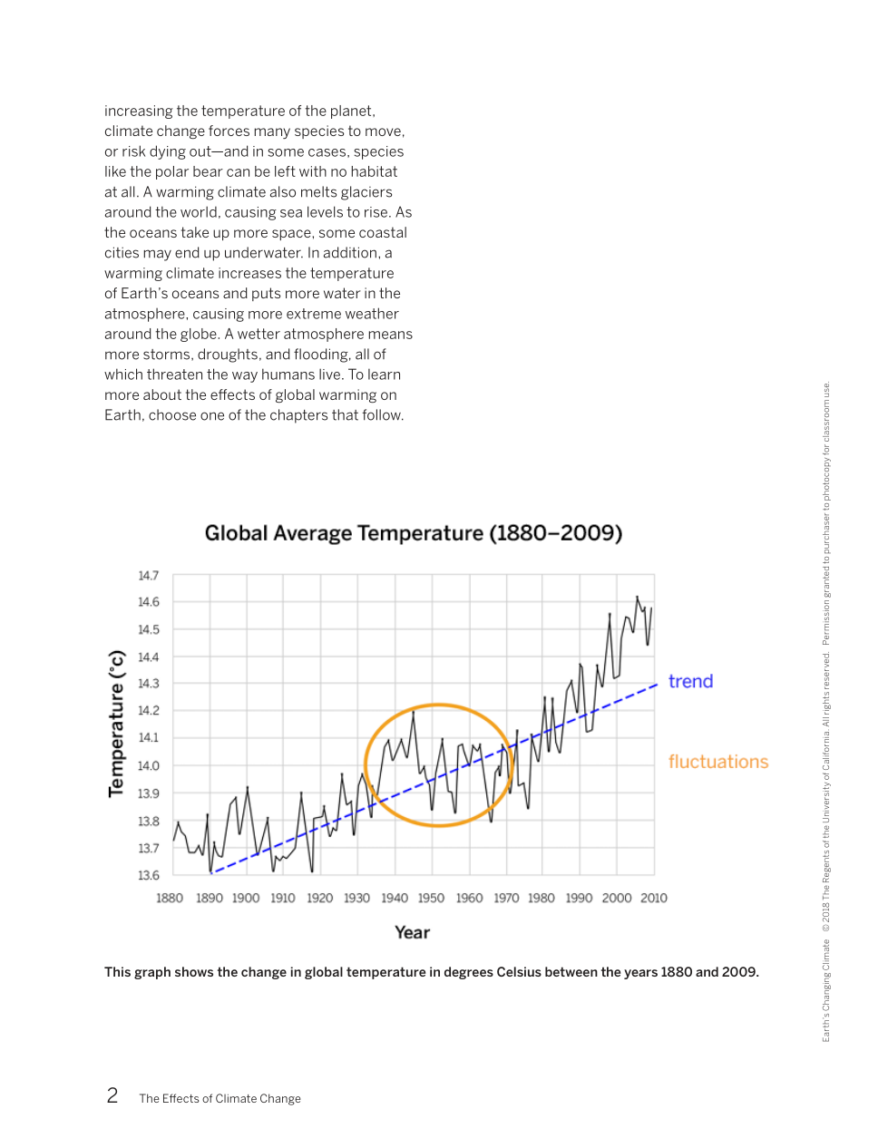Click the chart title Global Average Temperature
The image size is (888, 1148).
click(413, 533)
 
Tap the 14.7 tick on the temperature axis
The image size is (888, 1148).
click(149, 576)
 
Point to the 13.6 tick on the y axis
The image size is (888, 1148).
click(149, 875)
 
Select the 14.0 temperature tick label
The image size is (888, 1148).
click(149, 765)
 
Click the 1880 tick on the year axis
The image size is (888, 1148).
click(170, 898)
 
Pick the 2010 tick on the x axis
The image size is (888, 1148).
click(653, 898)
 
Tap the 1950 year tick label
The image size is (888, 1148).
click(431, 898)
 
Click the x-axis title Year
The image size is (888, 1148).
click(412, 932)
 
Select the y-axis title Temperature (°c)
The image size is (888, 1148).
click(116, 724)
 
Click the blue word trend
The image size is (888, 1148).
click(690, 681)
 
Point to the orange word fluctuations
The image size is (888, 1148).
click(717, 762)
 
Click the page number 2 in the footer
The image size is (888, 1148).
click(112, 1095)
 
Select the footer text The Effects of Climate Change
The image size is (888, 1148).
click(220, 1099)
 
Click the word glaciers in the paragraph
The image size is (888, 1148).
click(366, 192)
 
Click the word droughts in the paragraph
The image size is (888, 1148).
click(229, 355)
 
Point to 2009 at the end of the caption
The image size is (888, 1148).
click(739, 972)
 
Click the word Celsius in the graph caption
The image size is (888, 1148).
click(522, 972)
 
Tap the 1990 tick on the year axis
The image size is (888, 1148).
click(579, 898)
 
